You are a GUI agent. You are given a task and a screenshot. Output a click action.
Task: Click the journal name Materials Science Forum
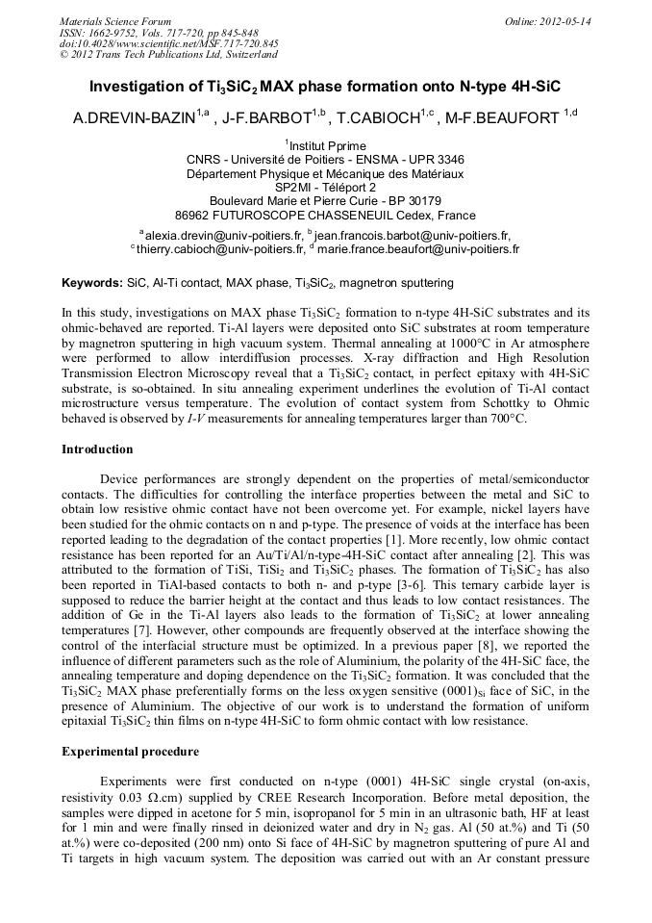(x=115, y=20)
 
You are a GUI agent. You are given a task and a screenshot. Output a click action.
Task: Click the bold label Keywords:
(x=92, y=284)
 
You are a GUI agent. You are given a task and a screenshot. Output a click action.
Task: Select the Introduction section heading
(x=97, y=449)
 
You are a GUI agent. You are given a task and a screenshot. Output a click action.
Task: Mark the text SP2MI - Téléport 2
(x=325, y=187)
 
